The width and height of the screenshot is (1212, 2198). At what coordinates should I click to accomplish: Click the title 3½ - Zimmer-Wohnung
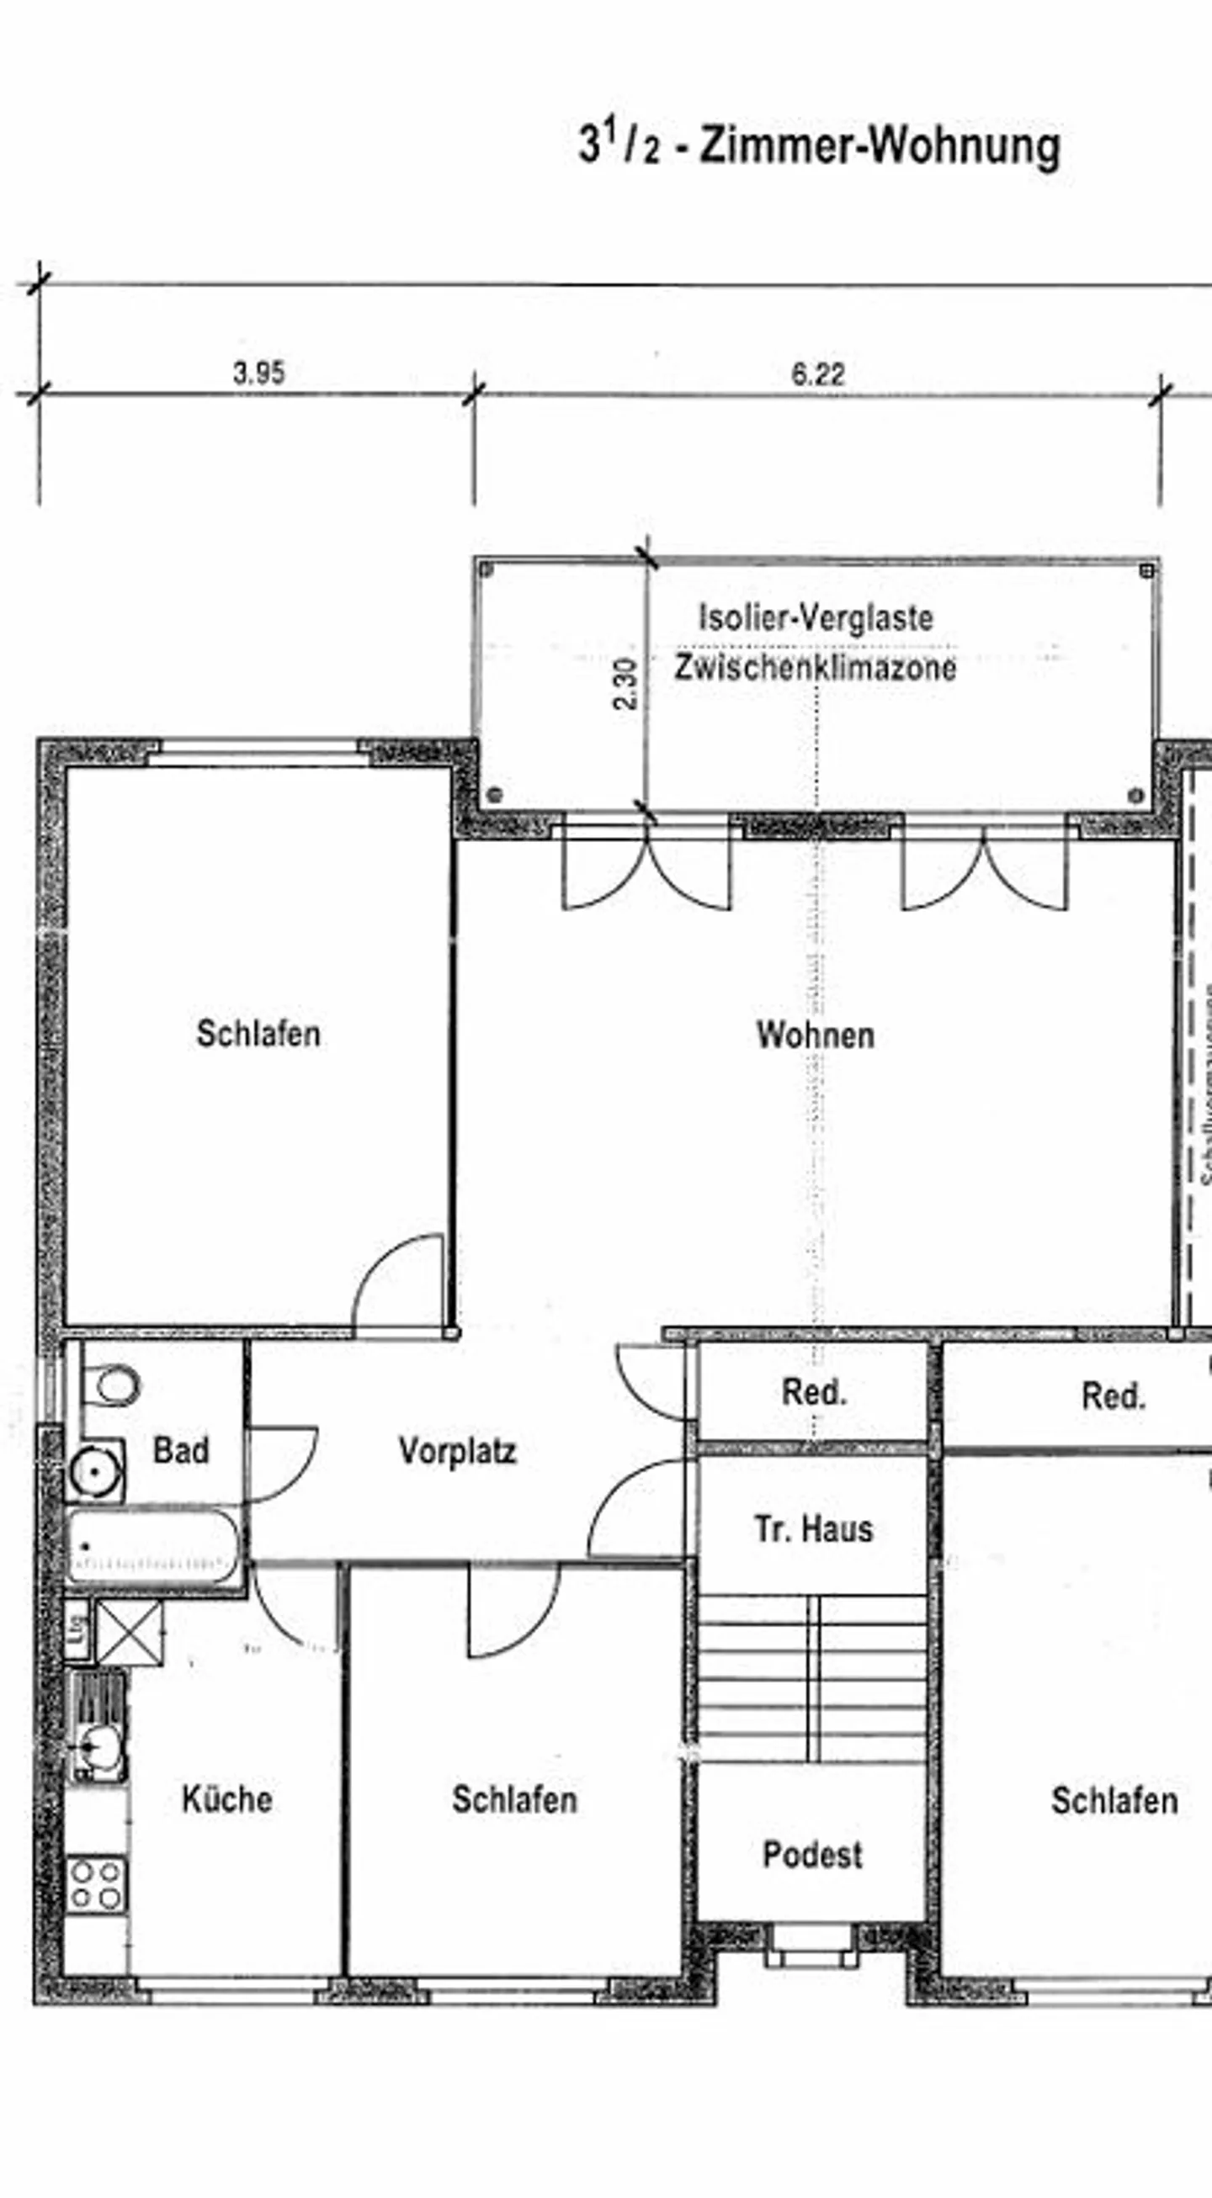[820, 145]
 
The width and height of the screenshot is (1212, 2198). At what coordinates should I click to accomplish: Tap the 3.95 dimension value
[258, 373]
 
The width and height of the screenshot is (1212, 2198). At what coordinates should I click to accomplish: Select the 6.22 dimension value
[816, 373]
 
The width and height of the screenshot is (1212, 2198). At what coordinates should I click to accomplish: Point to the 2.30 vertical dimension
[625, 684]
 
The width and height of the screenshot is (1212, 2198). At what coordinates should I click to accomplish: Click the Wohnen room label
[815, 1035]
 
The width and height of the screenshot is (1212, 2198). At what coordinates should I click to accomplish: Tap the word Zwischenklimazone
[815, 667]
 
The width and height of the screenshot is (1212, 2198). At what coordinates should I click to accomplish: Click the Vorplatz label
[458, 1450]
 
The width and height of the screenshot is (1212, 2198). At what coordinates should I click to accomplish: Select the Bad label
[180, 1449]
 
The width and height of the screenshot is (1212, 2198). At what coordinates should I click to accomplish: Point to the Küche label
[227, 1799]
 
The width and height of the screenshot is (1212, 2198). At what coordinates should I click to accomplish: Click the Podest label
[811, 1854]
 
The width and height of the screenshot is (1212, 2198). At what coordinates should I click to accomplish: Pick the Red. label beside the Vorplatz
[813, 1392]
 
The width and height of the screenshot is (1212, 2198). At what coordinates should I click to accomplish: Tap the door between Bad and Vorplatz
[280, 1463]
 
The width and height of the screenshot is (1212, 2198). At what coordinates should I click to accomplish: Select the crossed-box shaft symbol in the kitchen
[128, 1633]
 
